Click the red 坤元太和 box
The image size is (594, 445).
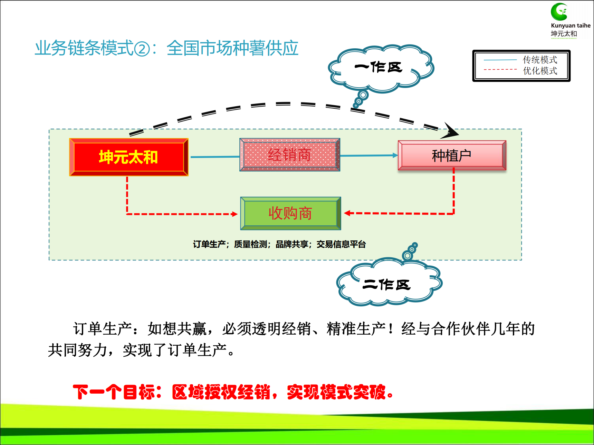[x=129, y=157]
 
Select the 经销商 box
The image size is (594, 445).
[x=290, y=155]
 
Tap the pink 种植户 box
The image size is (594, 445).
[x=452, y=155]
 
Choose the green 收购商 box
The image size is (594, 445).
[x=290, y=213]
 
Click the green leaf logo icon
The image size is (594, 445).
[x=559, y=12]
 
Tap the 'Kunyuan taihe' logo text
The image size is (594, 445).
[x=571, y=26]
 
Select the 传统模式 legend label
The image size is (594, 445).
[x=540, y=60]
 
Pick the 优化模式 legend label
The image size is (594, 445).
[x=540, y=71]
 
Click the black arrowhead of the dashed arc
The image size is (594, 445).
[x=450, y=131]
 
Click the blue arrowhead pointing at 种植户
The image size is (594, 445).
[x=395, y=155]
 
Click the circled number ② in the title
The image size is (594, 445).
[x=142, y=49]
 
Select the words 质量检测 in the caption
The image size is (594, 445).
[x=250, y=244]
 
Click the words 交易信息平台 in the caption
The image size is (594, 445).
[x=341, y=244]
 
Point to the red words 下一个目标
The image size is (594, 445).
[x=113, y=392]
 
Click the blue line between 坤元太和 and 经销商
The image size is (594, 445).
[x=215, y=157]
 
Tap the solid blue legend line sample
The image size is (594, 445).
[x=500, y=60]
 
